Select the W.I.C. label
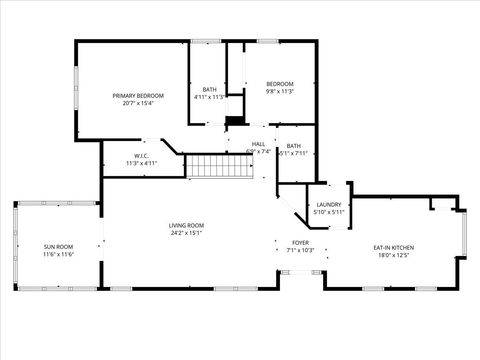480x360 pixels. [x=142, y=155]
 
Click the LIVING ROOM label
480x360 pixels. [x=187, y=226]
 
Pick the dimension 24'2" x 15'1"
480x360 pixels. [x=187, y=234]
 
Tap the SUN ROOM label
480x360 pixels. [x=58, y=246]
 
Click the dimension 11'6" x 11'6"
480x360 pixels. [x=58, y=254]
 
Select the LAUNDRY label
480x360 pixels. [x=329, y=204]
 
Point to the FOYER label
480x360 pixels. [x=300, y=242]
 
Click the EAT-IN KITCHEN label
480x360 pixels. [x=394, y=247]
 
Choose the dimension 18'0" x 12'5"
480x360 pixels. [x=394, y=255]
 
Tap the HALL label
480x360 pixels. [x=258, y=144]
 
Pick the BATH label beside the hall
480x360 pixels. [x=293, y=146]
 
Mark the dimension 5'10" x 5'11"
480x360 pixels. [x=329, y=212]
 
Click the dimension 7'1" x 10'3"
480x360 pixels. [x=300, y=250]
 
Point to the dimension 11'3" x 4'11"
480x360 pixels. [x=142, y=163]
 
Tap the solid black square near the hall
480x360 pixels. [x=234, y=122]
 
